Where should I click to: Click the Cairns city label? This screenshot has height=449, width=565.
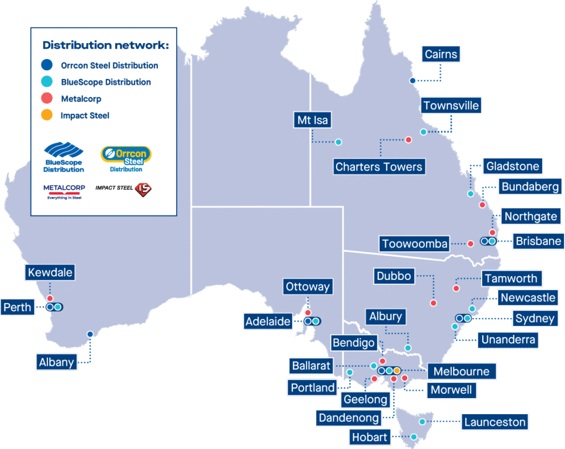[x=441, y=54]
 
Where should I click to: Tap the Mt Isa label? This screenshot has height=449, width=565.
[x=312, y=120]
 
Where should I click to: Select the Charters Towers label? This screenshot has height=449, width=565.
[x=379, y=166]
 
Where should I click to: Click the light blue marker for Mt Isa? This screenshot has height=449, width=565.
[x=338, y=142]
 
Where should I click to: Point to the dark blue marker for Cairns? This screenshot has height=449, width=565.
[x=412, y=81]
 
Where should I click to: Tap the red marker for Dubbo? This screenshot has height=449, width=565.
[x=433, y=303]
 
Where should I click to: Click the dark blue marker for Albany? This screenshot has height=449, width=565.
[x=90, y=334]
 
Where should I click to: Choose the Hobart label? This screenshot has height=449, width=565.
[x=369, y=437]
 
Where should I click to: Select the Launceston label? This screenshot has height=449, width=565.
[x=495, y=422]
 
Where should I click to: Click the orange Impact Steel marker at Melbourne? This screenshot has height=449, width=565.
[x=397, y=370]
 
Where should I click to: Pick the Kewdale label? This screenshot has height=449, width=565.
[x=49, y=272]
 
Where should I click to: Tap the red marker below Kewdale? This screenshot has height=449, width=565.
[x=50, y=299]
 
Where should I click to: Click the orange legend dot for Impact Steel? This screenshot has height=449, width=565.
[x=47, y=115]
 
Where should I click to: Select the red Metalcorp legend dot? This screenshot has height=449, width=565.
[x=47, y=99]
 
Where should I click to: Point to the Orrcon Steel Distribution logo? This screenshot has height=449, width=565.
[x=126, y=159]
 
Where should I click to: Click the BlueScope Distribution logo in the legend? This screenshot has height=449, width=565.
[x=63, y=157]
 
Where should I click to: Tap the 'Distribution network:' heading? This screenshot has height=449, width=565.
[x=105, y=45]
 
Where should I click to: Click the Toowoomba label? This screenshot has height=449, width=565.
[x=414, y=243]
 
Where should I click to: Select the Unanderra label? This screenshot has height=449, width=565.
[x=508, y=340]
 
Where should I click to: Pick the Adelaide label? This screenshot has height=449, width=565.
[x=268, y=321]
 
